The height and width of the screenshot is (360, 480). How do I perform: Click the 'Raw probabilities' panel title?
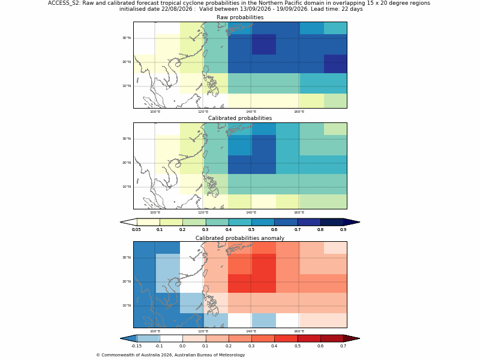tap(240, 17)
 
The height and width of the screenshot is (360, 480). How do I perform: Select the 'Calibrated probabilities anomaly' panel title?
tap(240, 238)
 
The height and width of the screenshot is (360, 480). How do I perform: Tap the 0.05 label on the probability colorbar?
tap(136, 229)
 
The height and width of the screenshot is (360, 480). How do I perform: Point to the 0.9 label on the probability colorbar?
tap(343, 229)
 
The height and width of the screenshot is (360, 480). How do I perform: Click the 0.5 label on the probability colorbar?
tap(251, 229)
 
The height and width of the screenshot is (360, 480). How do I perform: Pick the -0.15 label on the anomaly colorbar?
tap(136, 346)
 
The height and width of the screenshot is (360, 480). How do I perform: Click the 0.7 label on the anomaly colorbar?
tap(343, 346)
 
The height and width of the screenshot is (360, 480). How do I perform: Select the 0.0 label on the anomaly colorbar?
tap(182, 346)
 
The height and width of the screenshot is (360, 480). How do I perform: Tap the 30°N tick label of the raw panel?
tap(127, 38)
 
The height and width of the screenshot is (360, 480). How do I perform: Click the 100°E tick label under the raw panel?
tap(155, 112)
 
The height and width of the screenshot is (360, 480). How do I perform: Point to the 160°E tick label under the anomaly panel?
tap(299, 331)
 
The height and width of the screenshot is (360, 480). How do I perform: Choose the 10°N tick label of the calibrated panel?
tap(127, 187)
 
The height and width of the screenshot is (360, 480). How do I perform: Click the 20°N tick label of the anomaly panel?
tap(127, 281)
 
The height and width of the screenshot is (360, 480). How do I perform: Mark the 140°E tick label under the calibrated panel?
tap(251, 212)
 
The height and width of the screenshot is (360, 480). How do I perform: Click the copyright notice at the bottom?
tap(170, 355)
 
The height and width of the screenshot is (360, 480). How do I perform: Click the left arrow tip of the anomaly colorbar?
tap(121, 338)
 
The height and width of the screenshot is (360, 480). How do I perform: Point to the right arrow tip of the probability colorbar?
tap(359, 222)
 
